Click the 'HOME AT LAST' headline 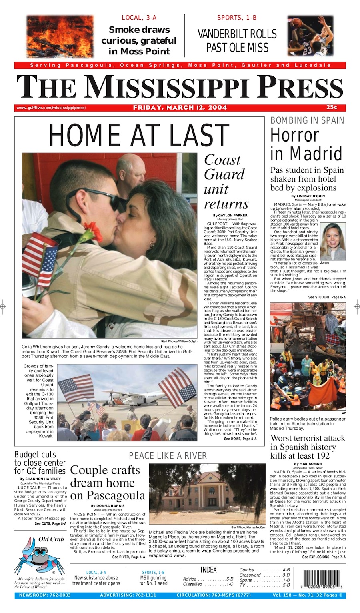pos(139,135)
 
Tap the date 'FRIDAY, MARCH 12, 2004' pos(180,108)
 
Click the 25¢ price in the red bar pos(332,108)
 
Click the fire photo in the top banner pos(60,36)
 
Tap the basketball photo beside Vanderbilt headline pos(310,36)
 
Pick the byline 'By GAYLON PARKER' pos(230,215)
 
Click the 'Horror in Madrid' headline pos(306,144)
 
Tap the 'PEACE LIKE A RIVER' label pos(168,456)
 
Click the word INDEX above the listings pos(208,569)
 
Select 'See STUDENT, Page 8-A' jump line pos(327,297)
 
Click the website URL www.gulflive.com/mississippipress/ pos(51,108)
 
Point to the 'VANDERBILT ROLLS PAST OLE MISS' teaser pos(237,40)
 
